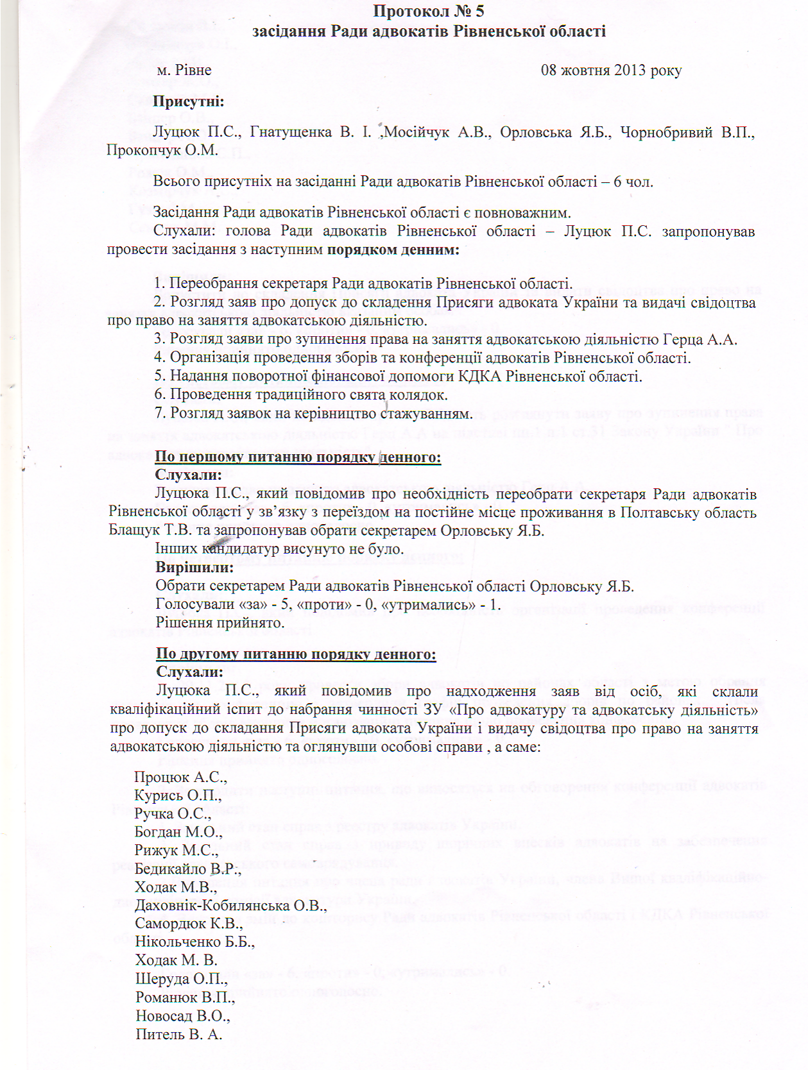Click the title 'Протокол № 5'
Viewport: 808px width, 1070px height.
pyautogui.click(x=428, y=11)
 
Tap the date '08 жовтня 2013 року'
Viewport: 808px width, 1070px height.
pyautogui.click(x=611, y=70)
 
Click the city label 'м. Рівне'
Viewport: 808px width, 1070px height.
pyautogui.click(x=184, y=70)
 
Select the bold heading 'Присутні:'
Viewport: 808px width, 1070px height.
pyautogui.click(x=188, y=101)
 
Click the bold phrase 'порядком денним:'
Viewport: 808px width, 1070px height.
pyautogui.click(x=393, y=250)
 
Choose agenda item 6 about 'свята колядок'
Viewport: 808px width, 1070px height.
pyautogui.click(x=301, y=395)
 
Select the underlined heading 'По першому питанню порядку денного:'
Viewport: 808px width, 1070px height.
pyautogui.click(x=298, y=457)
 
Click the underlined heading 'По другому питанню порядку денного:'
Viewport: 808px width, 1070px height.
pyautogui.click(x=296, y=654)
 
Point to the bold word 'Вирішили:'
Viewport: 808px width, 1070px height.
pyautogui.click(x=194, y=567)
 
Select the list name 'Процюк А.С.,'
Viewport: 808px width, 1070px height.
pyautogui.click(x=180, y=777)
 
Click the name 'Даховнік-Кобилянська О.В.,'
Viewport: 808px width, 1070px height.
pyautogui.click(x=230, y=906)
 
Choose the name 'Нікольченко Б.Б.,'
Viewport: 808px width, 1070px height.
pyautogui.click(x=194, y=942)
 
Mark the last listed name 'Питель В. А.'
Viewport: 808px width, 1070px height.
pyautogui.click(x=178, y=1034)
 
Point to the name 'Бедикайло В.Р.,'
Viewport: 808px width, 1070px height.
pyautogui.click(x=187, y=869)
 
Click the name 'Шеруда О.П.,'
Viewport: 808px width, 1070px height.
pyautogui.click(x=181, y=979)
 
